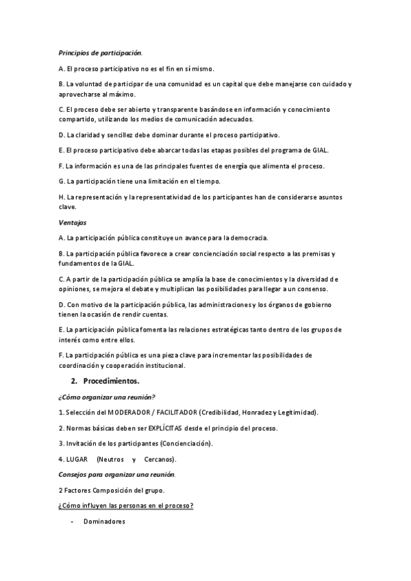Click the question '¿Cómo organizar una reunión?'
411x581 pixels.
pyautogui.click(x=107, y=397)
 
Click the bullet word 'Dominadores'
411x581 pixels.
pyautogui.click(x=104, y=522)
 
